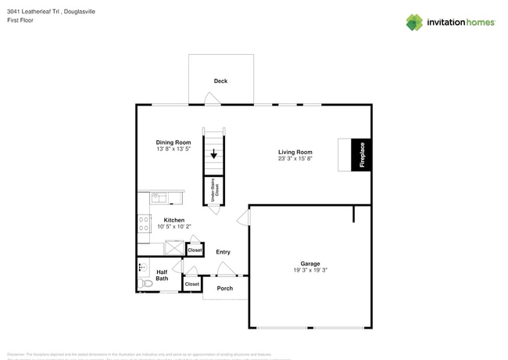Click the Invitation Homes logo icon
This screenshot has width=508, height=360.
tap(414, 22)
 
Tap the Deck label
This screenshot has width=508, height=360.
tap(220, 81)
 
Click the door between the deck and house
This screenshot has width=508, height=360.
tap(211, 99)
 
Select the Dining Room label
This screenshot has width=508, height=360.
tap(173, 142)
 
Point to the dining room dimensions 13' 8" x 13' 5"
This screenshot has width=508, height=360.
tap(173, 149)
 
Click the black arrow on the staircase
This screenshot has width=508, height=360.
tap(213, 154)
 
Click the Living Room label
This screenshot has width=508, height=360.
tap(295, 152)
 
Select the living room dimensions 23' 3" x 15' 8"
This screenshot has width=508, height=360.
tap(295, 159)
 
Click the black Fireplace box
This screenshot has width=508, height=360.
tap(362, 155)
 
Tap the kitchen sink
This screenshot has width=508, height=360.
tap(159, 197)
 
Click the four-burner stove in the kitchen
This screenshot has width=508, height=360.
tap(145, 225)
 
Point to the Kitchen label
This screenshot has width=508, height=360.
tap(174, 220)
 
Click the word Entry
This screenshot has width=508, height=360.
tap(223, 252)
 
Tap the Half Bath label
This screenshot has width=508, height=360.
tap(162, 275)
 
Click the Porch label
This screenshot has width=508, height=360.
tap(224, 288)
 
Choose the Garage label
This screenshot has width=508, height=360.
tap(310, 264)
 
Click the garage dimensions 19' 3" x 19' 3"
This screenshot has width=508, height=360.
tap(310, 271)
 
